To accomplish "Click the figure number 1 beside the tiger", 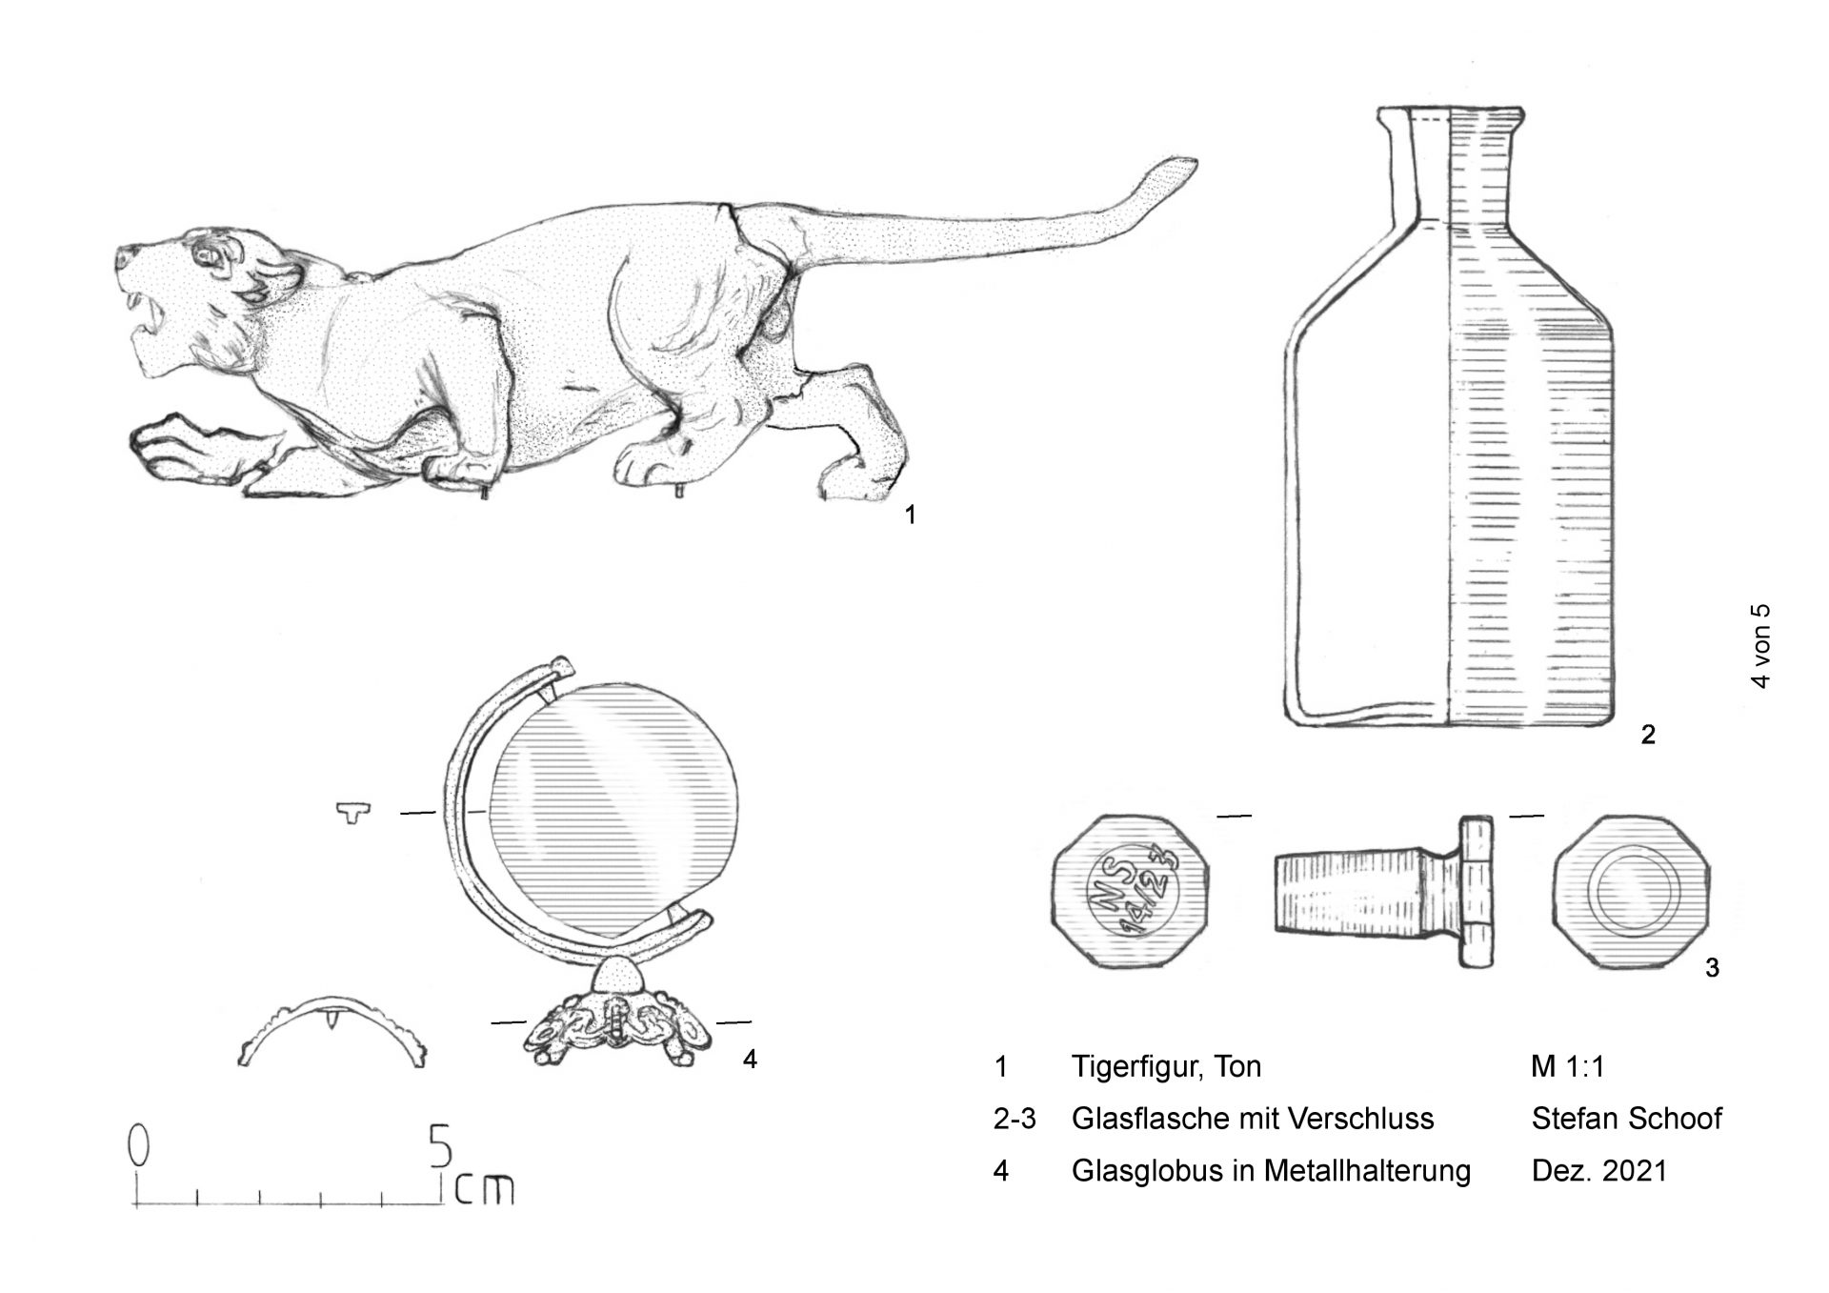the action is [911, 515].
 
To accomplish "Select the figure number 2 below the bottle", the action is [1647, 735].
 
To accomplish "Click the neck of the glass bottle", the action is [1448, 172].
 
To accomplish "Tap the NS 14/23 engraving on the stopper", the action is [1132, 892].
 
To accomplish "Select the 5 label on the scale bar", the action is [440, 1146].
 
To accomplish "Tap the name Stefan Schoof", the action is [1627, 1119].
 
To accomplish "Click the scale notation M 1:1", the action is [1568, 1066].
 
